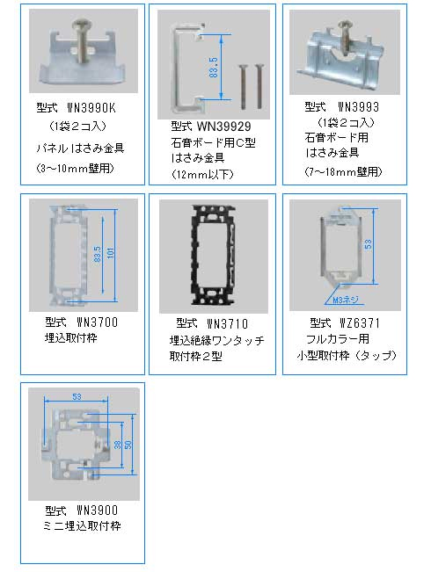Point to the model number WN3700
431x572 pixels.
click(91, 322)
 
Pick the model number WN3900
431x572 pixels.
click(91, 510)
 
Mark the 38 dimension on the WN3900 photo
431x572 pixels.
click(117, 445)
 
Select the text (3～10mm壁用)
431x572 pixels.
click(77, 167)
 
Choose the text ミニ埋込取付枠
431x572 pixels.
click(84, 525)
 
